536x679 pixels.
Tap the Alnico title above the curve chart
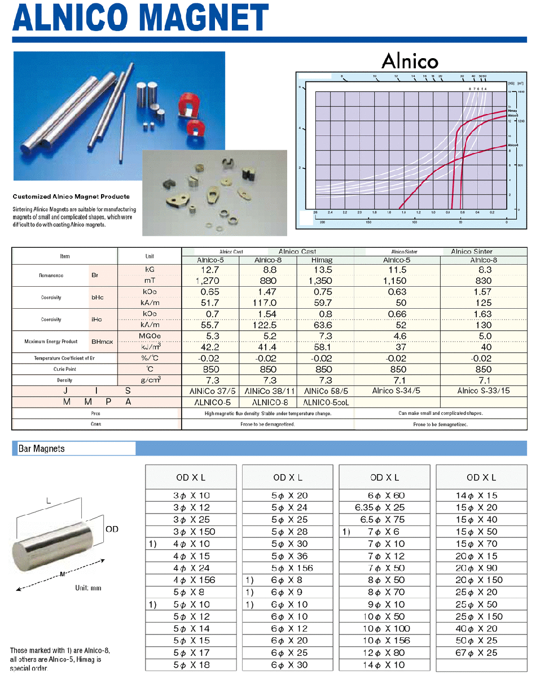pyautogui.click(x=410, y=60)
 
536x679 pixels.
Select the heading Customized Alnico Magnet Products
pyautogui.click(x=71, y=196)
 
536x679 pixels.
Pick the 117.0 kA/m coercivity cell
pyautogui.click(x=267, y=303)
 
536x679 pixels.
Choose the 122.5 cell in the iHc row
pyautogui.click(x=267, y=325)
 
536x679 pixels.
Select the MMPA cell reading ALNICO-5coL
pyautogui.click(x=326, y=402)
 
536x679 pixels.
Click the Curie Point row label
pyautogui.click(x=64, y=369)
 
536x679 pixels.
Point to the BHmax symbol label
pyautogui.click(x=102, y=341)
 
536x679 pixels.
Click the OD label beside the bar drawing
pyautogui.click(x=112, y=529)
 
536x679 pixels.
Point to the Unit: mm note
pyautogui.click(x=89, y=588)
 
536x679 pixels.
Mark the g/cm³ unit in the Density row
pyautogui.click(x=150, y=380)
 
